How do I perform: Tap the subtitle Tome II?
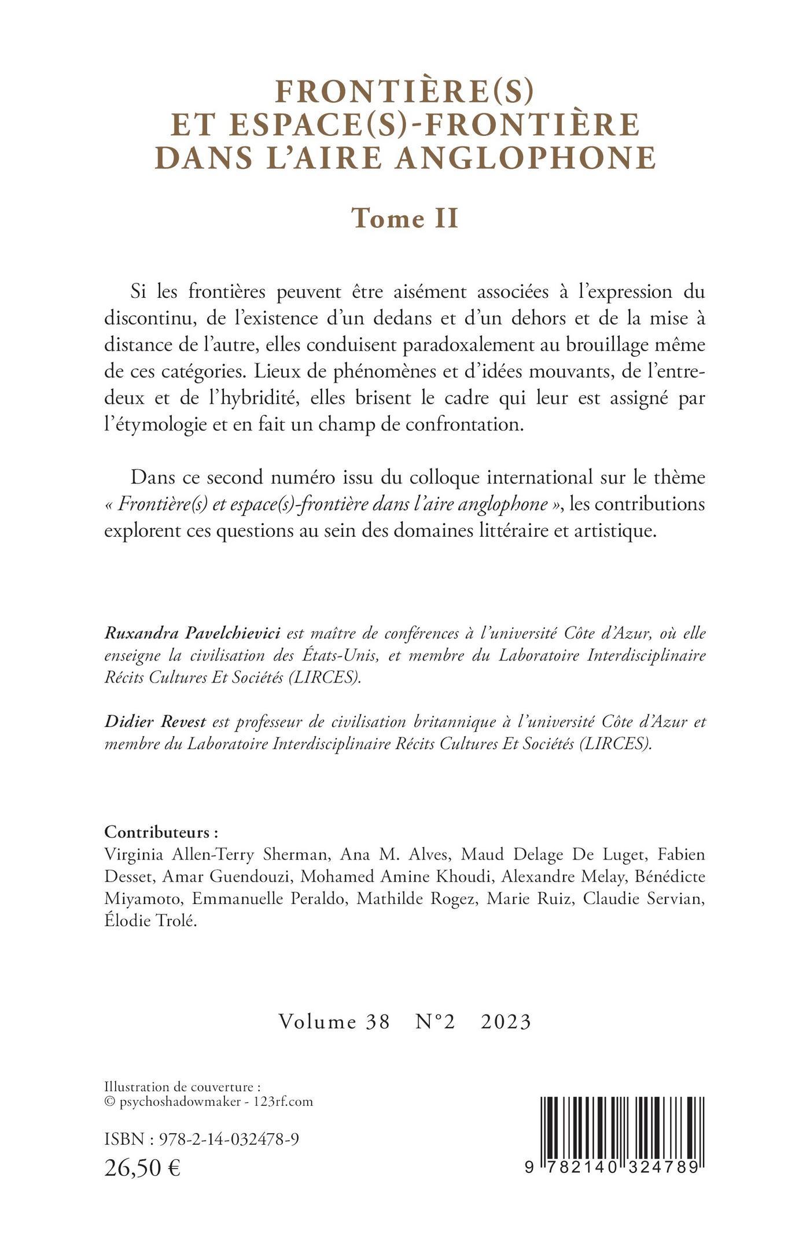pyautogui.click(x=405, y=218)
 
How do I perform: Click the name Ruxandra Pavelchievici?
pyautogui.click(x=192, y=633)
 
